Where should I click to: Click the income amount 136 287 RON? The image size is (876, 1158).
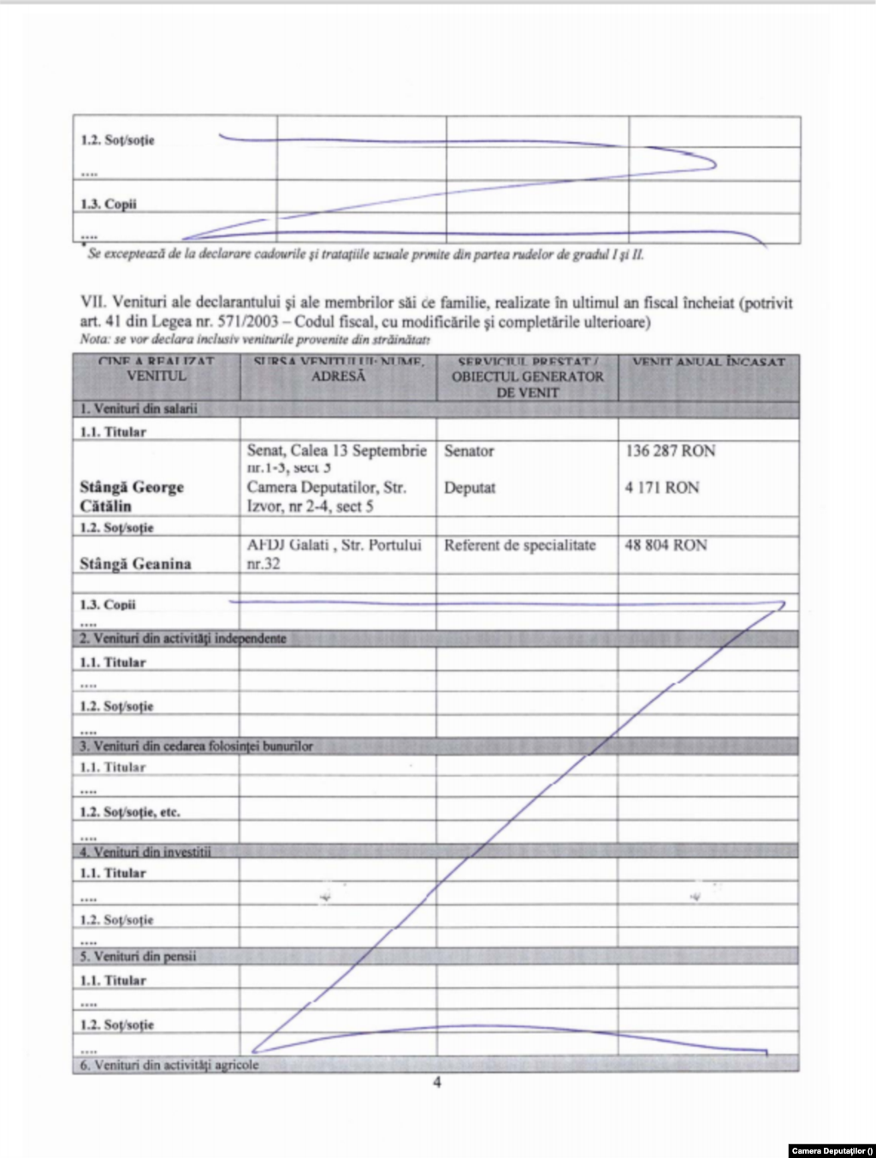pos(670,451)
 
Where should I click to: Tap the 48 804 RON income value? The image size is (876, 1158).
pos(666,545)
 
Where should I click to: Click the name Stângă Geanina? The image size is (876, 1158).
pos(135,564)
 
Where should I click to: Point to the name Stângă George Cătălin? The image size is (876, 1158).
pos(131,496)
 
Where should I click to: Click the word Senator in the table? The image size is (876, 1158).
pos(469,451)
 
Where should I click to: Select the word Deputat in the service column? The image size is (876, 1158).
pos(470,488)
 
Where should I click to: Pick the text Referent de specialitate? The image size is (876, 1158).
pos(519,545)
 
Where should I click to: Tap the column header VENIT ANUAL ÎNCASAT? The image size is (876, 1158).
pos(708,363)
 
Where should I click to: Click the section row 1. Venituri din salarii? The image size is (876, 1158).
pos(139,409)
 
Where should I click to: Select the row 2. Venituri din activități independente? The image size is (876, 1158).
pos(183,638)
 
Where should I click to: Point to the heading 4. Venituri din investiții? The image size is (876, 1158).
pos(145,852)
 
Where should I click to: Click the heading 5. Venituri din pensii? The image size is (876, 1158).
pos(138,956)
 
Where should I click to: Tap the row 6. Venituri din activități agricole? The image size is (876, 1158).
pos(169,1065)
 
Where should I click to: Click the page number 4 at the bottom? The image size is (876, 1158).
pos(437,1083)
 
